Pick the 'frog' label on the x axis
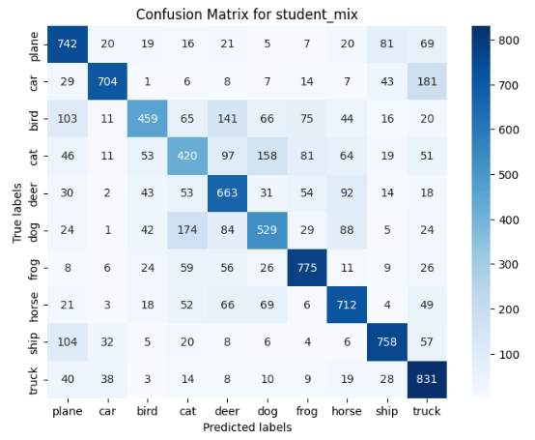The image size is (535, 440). click(305, 410)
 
